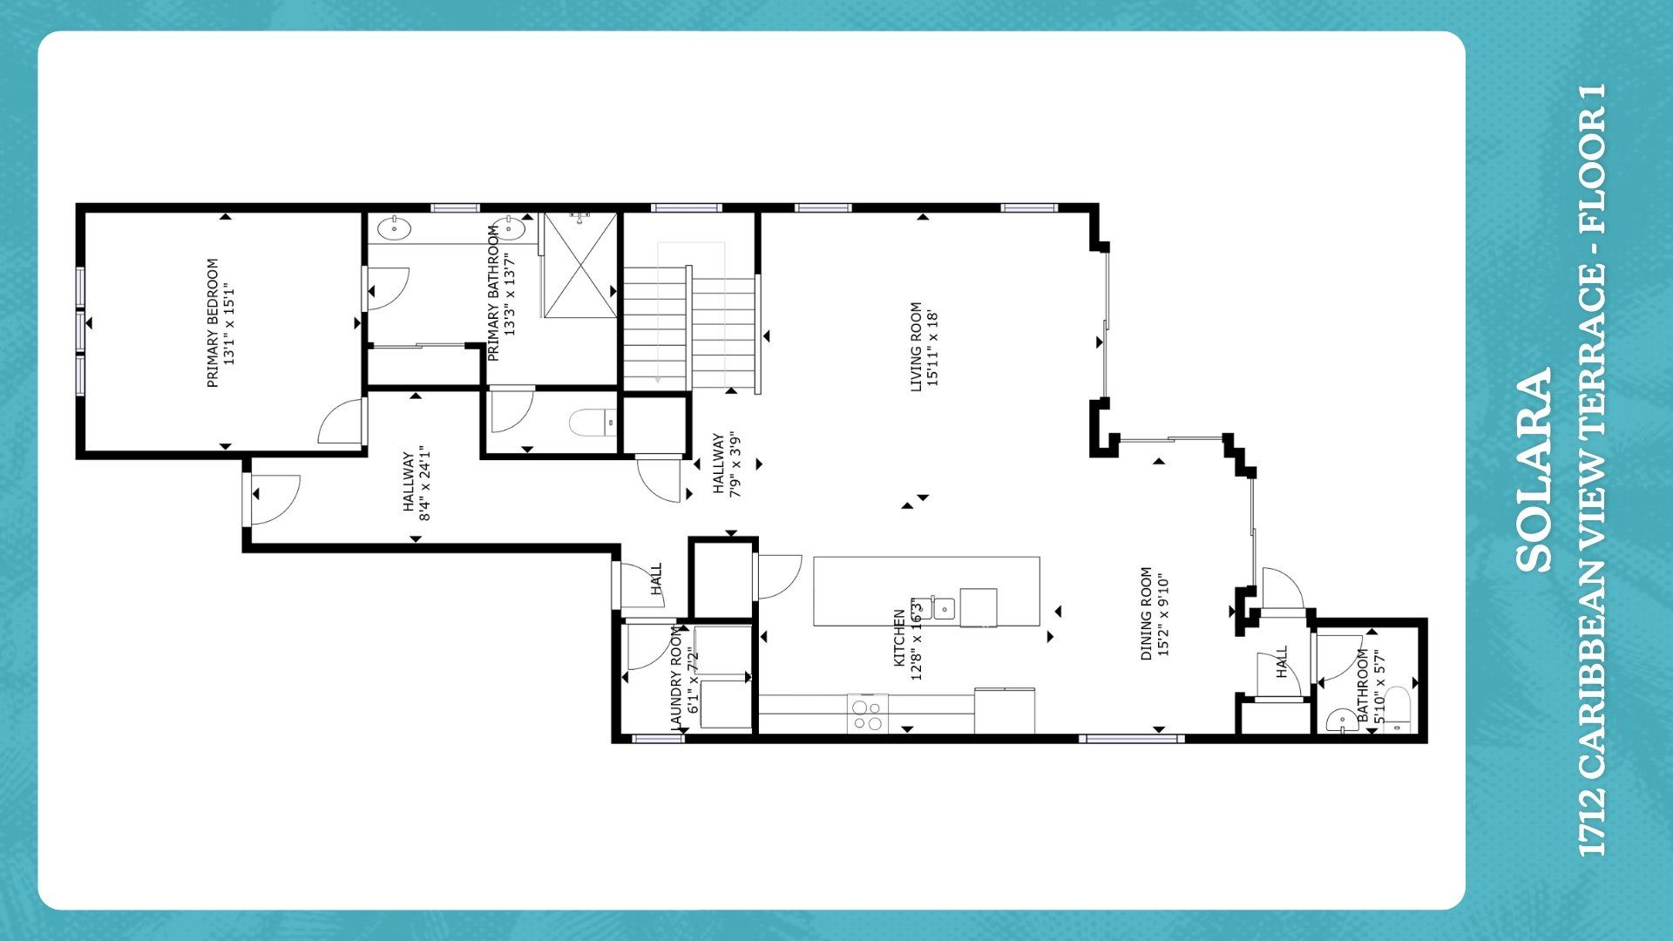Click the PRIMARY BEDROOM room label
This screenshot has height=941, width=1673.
pyautogui.click(x=213, y=323)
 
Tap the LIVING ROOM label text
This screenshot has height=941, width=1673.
pyautogui.click(x=916, y=347)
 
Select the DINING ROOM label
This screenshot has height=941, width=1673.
pyautogui.click(x=1147, y=613)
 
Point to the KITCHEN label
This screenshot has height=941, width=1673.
pyautogui.click(x=899, y=639)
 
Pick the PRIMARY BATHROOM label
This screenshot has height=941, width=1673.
pyautogui.click(x=493, y=293)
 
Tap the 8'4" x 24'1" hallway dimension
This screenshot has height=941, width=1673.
pyautogui.click(x=425, y=484)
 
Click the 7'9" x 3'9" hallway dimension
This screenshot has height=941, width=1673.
pyautogui.click(x=735, y=465)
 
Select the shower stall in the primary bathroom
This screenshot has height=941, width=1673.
pyautogui.click(x=579, y=265)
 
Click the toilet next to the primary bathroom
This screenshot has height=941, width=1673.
pyautogui.click(x=593, y=423)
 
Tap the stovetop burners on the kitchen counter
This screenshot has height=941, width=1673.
pyautogui.click(x=868, y=714)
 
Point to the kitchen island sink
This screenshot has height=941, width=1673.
pyautogui.click(x=944, y=607)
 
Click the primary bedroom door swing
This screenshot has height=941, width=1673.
pyautogui.click(x=342, y=423)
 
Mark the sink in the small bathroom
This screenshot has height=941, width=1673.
pyautogui.click(x=1339, y=721)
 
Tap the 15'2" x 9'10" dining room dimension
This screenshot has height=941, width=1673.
pyautogui.click(x=1162, y=613)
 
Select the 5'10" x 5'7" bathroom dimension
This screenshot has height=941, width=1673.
pyautogui.click(x=1378, y=687)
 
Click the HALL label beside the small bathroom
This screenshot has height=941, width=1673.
pyautogui.click(x=1282, y=662)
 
